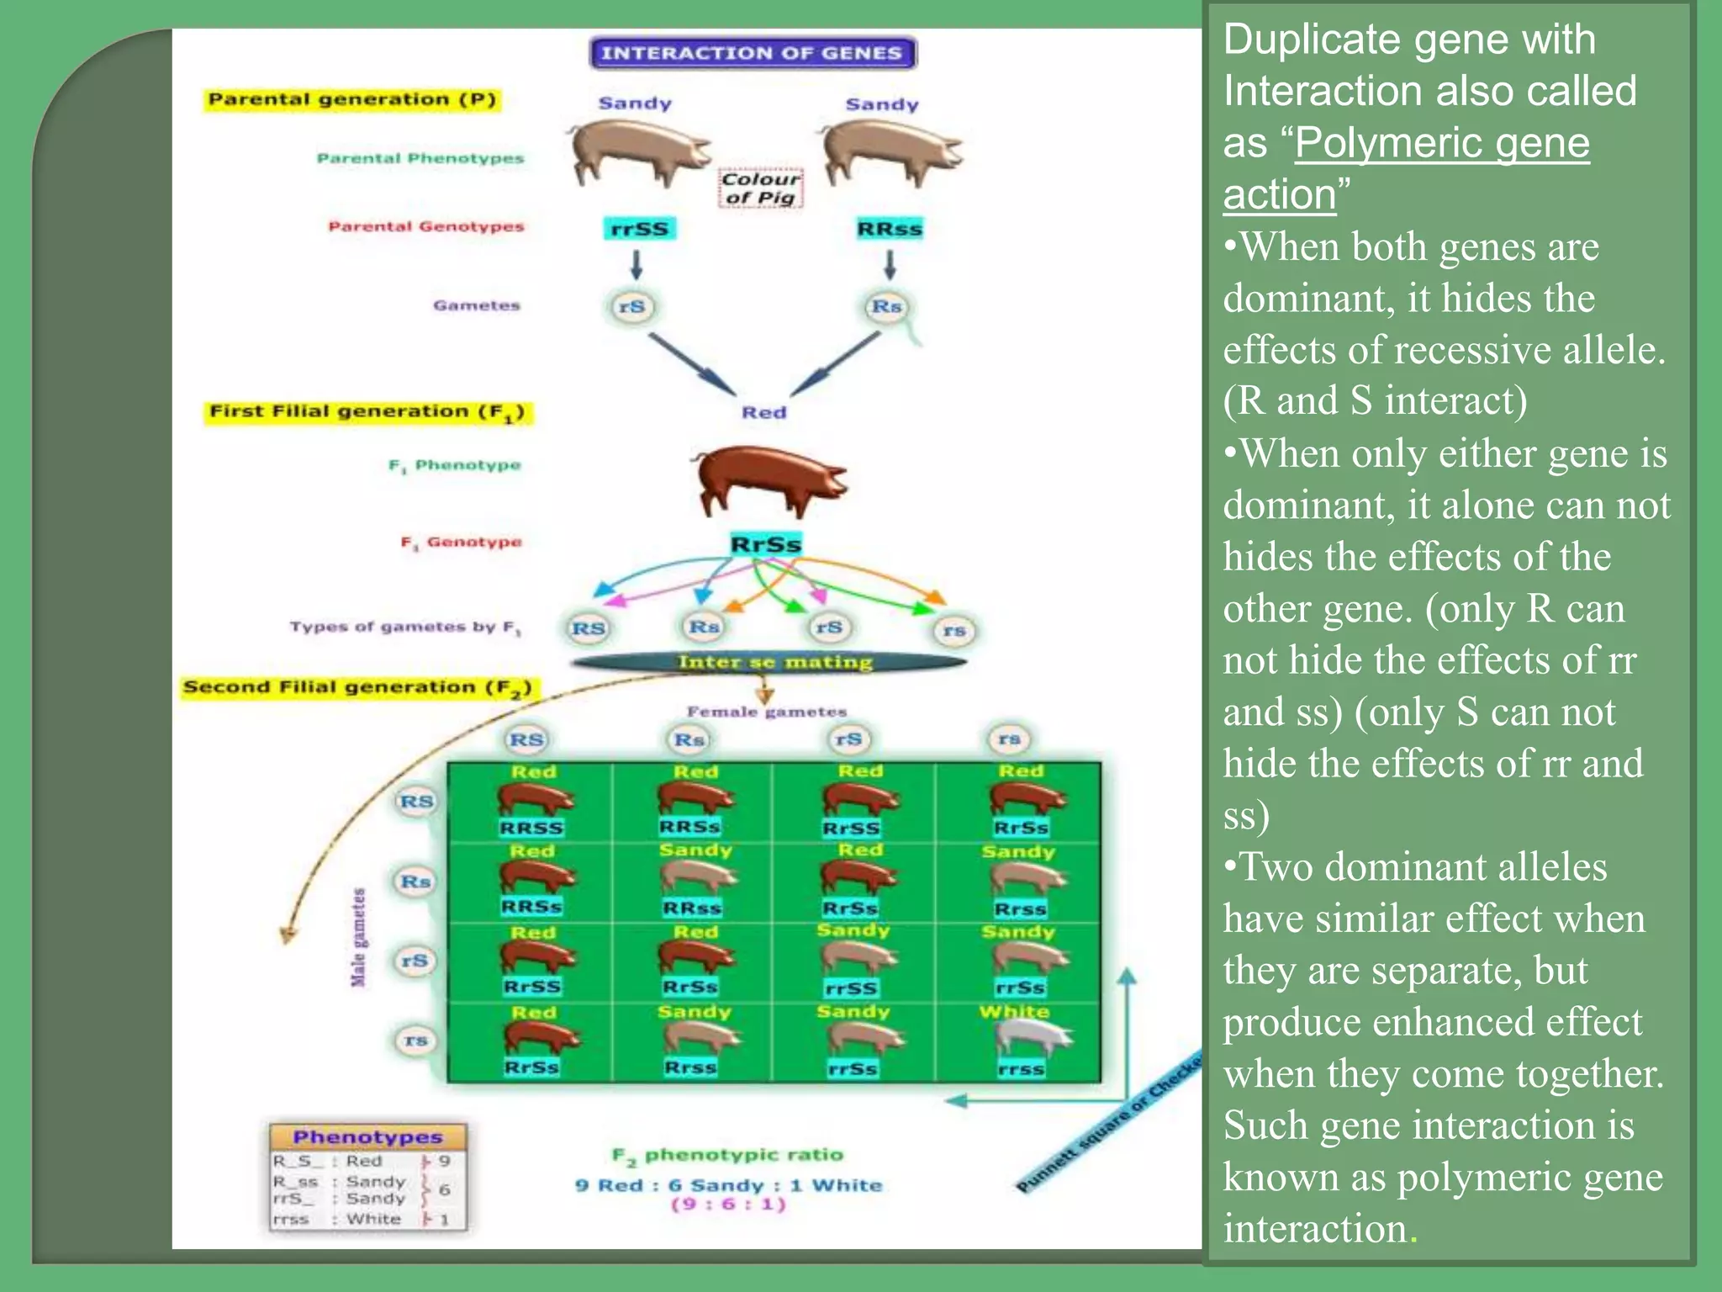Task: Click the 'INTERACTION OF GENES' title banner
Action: (x=753, y=53)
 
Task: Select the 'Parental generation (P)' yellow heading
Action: (x=352, y=99)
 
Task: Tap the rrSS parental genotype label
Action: (x=640, y=229)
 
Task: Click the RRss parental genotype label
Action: (x=890, y=229)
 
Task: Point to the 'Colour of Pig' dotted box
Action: (x=761, y=188)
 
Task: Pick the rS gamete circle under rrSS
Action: (x=632, y=307)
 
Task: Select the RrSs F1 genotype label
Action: (x=766, y=544)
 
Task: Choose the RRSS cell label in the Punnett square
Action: (x=531, y=828)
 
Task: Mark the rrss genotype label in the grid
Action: (x=1022, y=1069)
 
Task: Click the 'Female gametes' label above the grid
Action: (x=766, y=712)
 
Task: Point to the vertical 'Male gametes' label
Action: (x=359, y=937)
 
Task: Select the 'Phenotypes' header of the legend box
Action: (x=368, y=1137)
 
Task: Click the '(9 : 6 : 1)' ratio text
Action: (x=729, y=1205)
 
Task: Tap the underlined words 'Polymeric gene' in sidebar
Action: (x=1442, y=143)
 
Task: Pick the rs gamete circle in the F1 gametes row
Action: (x=954, y=630)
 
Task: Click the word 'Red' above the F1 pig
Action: (x=763, y=412)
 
